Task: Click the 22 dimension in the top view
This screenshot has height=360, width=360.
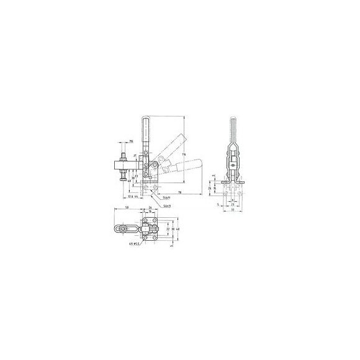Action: [167, 230]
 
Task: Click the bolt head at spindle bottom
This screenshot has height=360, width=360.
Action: [124, 180]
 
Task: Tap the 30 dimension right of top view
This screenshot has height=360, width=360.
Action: [173, 230]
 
